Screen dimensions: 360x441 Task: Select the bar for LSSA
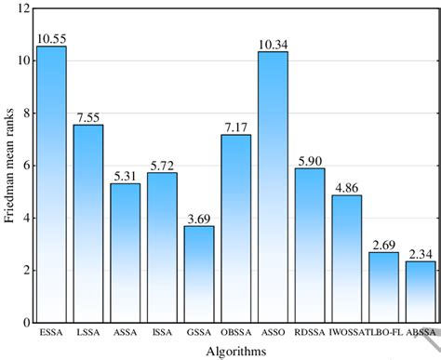click(x=87, y=223)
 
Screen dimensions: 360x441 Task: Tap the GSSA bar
click(x=198, y=273)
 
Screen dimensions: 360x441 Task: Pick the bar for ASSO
click(x=273, y=187)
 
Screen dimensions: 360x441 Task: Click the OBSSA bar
click(x=235, y=228)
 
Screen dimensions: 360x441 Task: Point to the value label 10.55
click(x=50, y=39)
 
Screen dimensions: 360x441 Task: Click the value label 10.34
click(x=273, y=43)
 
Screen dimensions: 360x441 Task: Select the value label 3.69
click(x=198, y=218)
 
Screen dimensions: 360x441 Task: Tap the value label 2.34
click(x=421, y=253)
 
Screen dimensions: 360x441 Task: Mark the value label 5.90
click(x=310, y=160)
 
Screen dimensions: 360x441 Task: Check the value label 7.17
click(x=235, y=127)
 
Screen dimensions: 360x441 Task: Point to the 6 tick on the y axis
click(x=22, y=165)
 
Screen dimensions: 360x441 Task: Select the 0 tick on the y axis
click(x=22, y=322)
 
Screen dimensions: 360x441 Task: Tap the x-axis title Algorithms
click(x=234, y=351)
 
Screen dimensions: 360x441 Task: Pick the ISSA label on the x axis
click(x=161, y=332)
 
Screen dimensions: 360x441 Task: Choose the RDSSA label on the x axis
click(x=310, y=332)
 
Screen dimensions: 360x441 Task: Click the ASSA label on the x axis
click(x=125, y=332)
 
